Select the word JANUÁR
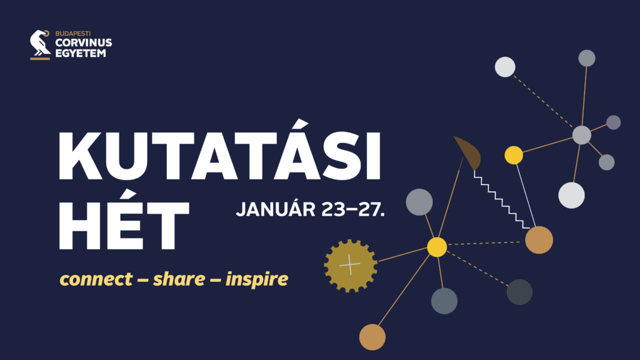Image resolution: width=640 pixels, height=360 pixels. point(276,209)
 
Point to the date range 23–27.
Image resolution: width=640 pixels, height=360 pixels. point(353,209)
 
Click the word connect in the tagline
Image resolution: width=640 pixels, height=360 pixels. point(96,279)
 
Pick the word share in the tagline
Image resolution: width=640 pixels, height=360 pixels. point(179,279)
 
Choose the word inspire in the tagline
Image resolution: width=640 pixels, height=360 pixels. point(257,279)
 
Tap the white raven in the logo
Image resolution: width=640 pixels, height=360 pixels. point(40,43)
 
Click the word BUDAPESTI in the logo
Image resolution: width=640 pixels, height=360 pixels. point(73,34)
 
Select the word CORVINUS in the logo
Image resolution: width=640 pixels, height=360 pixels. point(83,42)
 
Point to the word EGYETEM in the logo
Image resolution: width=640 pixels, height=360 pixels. point(81,53)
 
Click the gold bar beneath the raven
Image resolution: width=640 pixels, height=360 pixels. point(40,59)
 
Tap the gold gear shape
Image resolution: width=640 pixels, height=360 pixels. point(351,266)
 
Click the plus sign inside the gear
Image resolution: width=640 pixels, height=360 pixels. point(350,265)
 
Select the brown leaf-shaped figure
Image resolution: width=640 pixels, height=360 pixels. point(469,152)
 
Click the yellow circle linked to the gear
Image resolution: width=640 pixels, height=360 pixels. point(437,247)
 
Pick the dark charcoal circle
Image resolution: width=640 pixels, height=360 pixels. point(519,292)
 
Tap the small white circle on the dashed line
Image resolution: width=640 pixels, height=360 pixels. point(505,67)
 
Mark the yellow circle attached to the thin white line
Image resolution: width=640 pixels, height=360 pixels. point(514,155)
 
